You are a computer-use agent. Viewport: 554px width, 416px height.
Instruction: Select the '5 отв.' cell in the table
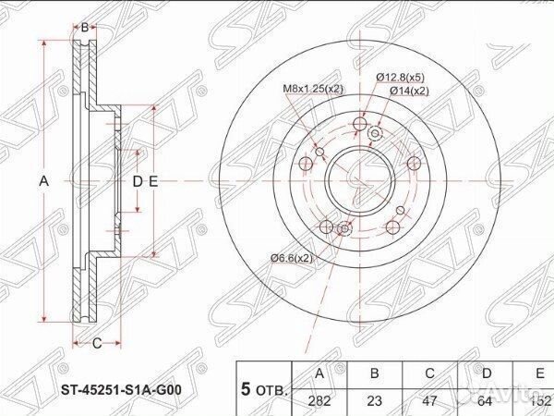click(263, 387)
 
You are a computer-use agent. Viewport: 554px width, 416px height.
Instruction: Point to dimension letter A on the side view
click(43, 181)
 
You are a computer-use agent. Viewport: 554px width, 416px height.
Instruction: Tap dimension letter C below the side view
click(95, 344)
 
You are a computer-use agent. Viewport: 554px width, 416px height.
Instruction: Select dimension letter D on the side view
click(137, 181)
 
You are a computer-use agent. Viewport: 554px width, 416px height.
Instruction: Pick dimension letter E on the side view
click(154, 181)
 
